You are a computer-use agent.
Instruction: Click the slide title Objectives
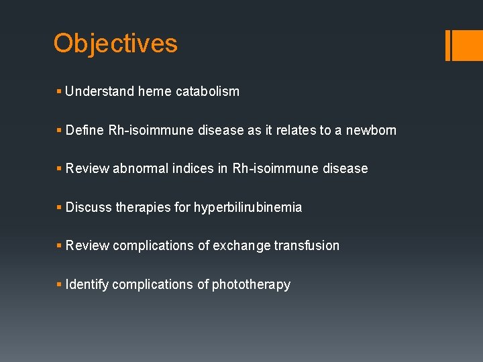point(115,44)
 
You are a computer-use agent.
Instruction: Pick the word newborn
point(371,130)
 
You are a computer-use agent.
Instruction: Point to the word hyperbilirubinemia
point(248,208)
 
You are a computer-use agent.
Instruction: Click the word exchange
point(241,246)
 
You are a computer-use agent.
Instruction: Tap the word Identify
point(87,285)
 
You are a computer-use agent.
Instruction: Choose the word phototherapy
point(251,285)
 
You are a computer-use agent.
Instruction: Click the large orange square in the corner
point(468,46)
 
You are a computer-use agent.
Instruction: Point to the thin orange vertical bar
point(447,46)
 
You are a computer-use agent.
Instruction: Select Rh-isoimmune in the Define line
point(151,130)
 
